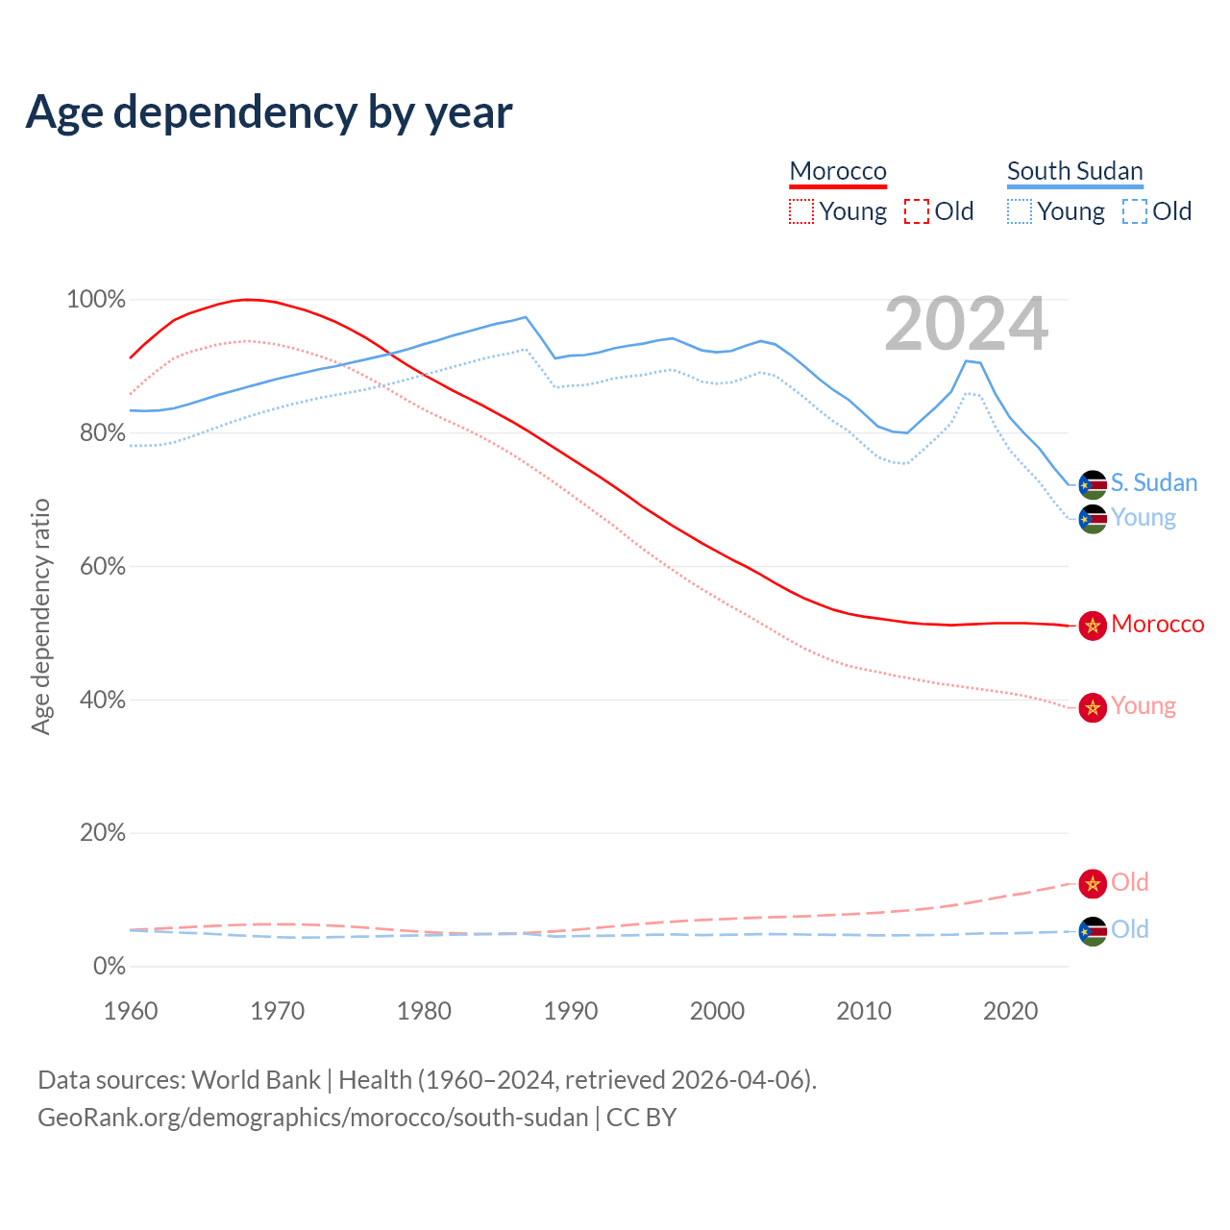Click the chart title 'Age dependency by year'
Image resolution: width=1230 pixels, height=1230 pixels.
pyautogui.click(x=269, y=111)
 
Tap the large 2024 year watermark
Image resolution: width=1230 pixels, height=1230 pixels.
pyautogui.click(x=966, y=325)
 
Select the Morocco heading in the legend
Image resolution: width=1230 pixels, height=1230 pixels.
pyautogui.click(x=838, y=171)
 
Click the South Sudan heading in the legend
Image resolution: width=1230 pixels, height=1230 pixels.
pyautogui.click(x=1074, y=171)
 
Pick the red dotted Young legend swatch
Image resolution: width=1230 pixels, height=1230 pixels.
pyautogui.click(x=801, y=211)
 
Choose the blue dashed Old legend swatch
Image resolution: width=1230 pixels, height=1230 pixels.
pyautogui.click(x=1135, y=211)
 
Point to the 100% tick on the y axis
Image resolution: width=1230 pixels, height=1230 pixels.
pyautogui.click(x=96, y=300)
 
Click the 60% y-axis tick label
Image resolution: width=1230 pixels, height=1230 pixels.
pyautogui.click(x=102, y=567)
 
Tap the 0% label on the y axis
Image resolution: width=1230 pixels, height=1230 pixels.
pyautogui.click(x=110, y=967)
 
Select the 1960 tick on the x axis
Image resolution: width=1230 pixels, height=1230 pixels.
pyautogui.click(x=131, y=1011)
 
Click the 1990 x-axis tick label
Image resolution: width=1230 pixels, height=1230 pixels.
pyautogui.click(x=571, y=1011)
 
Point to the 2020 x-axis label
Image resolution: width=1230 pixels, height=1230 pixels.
pyautogui.click(x=1010, y=1011)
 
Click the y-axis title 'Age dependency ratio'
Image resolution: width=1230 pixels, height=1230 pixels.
pyautogui.click(x=40, y=616)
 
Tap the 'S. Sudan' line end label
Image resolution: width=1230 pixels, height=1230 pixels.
pyautogui.click(x=1154, y=482)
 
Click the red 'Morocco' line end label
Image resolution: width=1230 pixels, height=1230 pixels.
pyautogui.click(x=1157, y=625)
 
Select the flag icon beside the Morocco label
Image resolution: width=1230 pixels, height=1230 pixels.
pyautogui.click(x=1093, y=626)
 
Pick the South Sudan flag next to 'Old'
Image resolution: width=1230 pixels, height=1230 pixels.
pyautogui.click(x=1093, y=930)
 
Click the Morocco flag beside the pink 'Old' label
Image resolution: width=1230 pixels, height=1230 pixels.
pyautogui.click(x=1093, y=883)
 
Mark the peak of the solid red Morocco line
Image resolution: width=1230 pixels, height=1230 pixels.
pyautogui.click(x=248, y=300)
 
